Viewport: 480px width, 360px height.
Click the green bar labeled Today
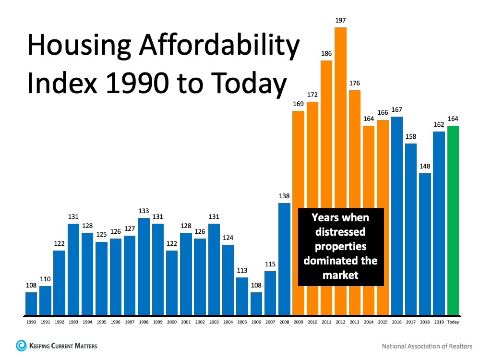(453, 221)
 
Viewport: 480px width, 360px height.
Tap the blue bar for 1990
(31, 304)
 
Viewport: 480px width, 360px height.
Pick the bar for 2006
(256, 304)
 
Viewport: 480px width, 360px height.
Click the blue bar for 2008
(285, 259)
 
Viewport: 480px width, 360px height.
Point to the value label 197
(340, 21)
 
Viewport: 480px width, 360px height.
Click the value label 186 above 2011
(326, 53)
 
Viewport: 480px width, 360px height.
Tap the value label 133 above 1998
(144, 211)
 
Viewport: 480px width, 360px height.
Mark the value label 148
(425, 166)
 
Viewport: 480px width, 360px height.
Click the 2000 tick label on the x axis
(172, 322)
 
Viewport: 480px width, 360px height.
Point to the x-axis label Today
(453, 322)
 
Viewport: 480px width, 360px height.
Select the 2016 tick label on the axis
(397, 322)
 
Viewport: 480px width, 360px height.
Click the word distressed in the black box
(341, 232)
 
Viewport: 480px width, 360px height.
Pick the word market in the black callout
(341, 275)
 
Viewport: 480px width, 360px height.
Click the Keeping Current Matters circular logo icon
(21, 345)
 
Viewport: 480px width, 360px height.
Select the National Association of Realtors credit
(427, 346)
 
